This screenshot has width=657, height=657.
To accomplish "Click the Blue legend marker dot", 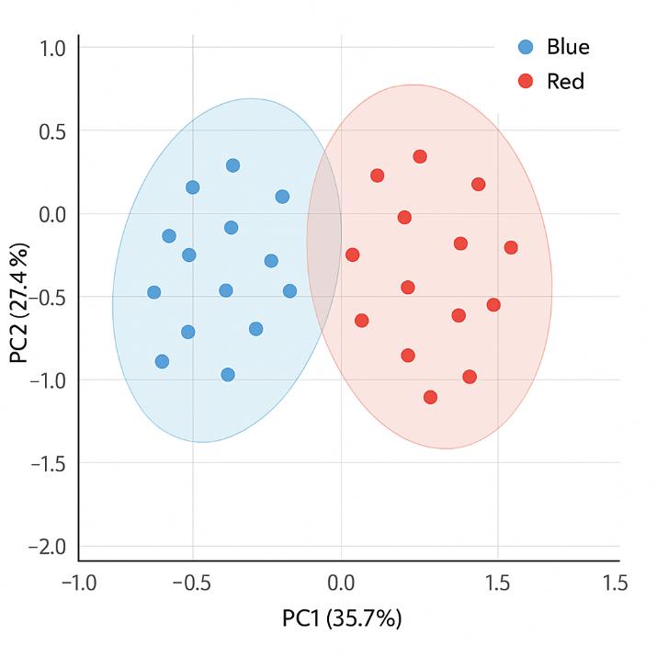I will click(526, 47).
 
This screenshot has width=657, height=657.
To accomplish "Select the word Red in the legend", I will click(565, 82).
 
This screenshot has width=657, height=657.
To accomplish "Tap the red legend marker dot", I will click(526, 82).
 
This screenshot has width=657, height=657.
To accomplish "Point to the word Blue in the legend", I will click(568, 47).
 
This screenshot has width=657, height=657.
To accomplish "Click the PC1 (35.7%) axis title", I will click(342, 618).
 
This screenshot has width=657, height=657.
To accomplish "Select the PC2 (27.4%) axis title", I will click(19, 303).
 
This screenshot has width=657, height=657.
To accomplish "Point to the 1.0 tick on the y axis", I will click(51, 47).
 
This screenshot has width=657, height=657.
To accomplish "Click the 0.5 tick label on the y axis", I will click(51, 130).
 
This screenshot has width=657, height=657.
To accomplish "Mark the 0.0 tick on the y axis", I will click(51, 213).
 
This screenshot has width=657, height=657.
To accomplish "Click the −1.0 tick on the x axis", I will click(77, 583).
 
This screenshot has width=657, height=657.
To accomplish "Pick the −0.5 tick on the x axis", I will click(191, 583).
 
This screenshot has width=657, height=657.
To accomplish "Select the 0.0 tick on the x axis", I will click(341, 583).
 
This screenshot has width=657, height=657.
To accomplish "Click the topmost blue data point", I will click(232, 165).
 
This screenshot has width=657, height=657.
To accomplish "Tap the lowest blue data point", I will click(228, 374).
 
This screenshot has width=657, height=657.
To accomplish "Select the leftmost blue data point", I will click(153, 292).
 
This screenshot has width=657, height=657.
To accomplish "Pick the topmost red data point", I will click(420, 156).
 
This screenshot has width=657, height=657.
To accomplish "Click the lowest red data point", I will click(430, 397).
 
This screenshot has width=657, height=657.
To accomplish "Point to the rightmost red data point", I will click(511, 247).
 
